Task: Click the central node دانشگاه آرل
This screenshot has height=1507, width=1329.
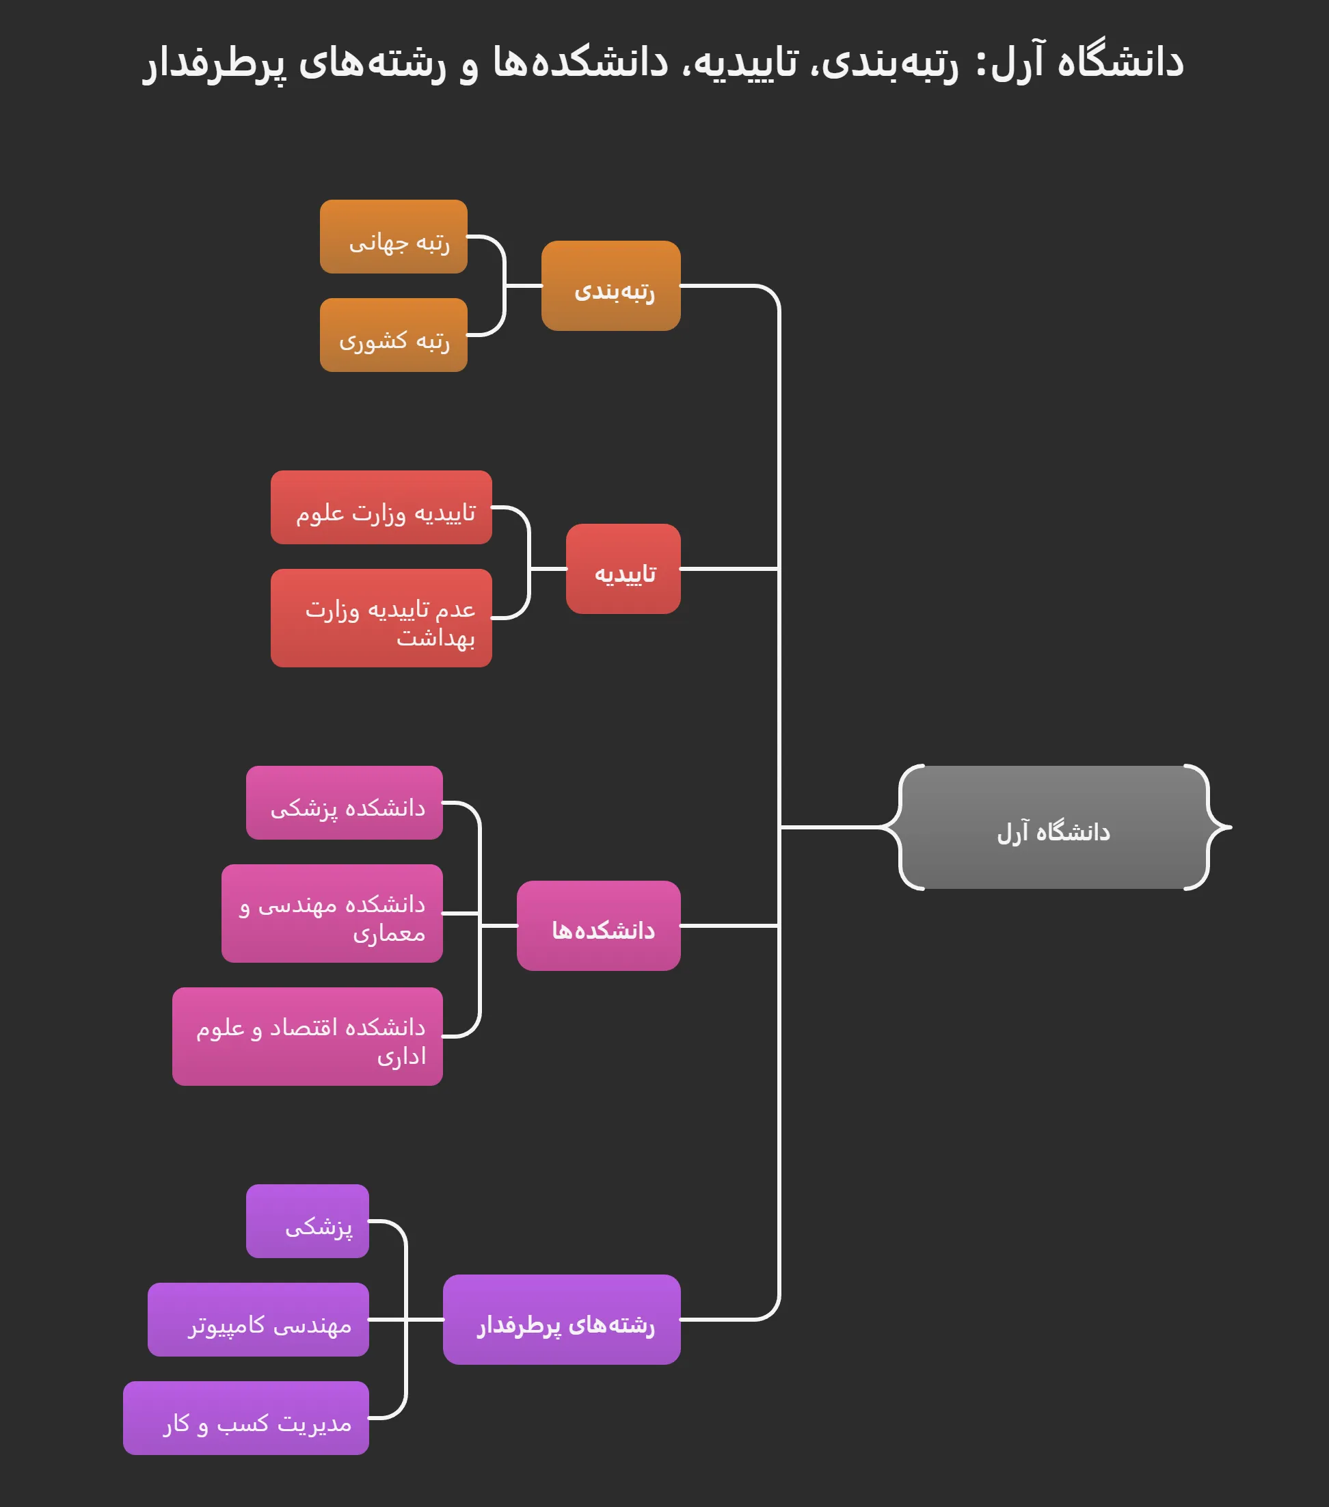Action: pyautogui.click(x=1053, y=827)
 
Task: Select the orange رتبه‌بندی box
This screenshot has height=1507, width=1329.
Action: pyautogui.click(x=610, y=285)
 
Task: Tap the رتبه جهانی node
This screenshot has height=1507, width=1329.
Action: pyautogui.click(x=394, y=237)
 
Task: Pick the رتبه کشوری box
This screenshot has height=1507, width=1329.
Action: pyautogui.click(x=394, y=335)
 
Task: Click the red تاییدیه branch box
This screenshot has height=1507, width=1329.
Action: pyautogui.click(x=623, y=568)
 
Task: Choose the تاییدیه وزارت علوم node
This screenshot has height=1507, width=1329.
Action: pyautogui.click(x=381, y=507)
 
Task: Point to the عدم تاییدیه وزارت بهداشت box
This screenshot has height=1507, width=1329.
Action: pyautogui.click(x=381, y=618)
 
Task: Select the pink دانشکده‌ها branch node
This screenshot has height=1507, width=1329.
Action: pyautogui.click(x=599, y=925)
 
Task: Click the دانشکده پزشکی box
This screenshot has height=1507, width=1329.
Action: pyautogui.click(x=345, y=802)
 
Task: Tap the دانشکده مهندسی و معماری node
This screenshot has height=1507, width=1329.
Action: pyautogui.click(x=332, y=913)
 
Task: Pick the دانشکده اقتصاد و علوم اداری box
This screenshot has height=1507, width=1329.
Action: pyautogui.click(x=308, y=1036)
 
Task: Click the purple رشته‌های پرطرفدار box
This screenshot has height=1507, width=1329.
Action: pyautogui.click(x=562, y=1319)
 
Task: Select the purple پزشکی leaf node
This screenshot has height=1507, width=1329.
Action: pyautogui.click(x=308, y=1221)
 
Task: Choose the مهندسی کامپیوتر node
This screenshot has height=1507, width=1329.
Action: pyautogui.click(x=258, y=1319)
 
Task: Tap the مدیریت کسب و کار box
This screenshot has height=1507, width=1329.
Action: pyautogui.click(x=245, y=1418)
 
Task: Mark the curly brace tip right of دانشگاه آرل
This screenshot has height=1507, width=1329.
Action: pyautogui.click(x=1229, y=827)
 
